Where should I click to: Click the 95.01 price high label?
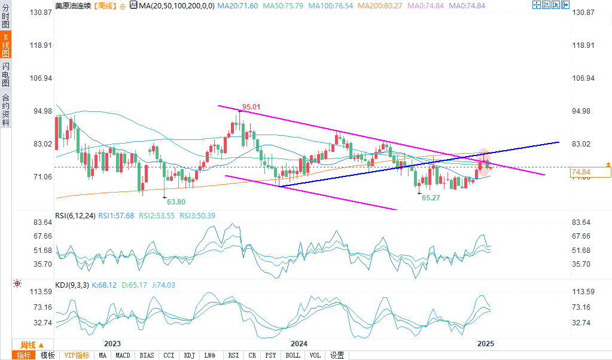click(251, 107)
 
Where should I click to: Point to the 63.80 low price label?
click(176, 202)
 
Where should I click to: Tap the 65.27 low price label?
click(431, 197)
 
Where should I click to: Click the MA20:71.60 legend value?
click(238, 5)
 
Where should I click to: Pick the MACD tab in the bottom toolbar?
click(123, 355)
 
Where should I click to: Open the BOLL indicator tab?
click(293, 355)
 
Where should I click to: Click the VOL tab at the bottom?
click(315, 355)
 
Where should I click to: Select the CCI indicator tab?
click(169, 355)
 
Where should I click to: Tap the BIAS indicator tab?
click(147, 355)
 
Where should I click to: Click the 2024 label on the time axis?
click(299, 344)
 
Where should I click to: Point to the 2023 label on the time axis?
click(112, 344)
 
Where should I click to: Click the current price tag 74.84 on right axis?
click(581, 172)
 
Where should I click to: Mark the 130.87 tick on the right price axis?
click(583, 13)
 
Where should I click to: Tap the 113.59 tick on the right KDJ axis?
click(583, 292)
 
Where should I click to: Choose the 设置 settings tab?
click(337, 355)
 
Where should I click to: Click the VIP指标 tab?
click(77, 355)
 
